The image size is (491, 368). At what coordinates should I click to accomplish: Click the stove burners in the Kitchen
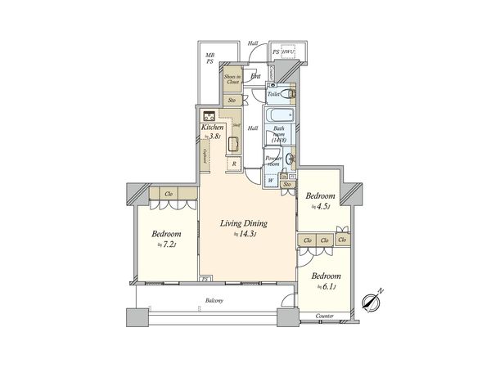[209, 116]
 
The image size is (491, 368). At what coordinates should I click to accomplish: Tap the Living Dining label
[245, 222]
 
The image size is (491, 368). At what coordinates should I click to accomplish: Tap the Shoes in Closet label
[233, 79]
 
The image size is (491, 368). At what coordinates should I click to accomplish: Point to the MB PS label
[210, 58]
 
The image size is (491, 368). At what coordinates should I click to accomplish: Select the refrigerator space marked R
[234, 163]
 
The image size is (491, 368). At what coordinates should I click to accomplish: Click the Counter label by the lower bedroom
[325, 316]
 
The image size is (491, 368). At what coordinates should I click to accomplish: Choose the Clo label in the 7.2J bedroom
[168, 194]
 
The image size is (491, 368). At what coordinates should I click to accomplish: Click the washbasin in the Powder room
[289, 158]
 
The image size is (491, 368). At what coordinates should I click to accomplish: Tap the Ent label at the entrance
[256, 76]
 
